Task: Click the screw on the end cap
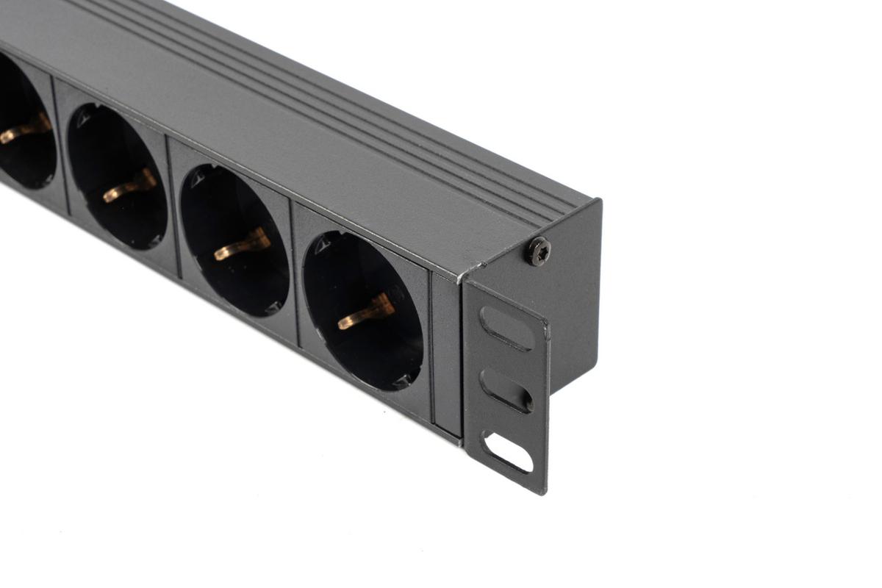[x=538, y=251]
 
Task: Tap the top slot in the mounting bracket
[x=506, y=328]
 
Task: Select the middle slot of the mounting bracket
[x=506, y=390]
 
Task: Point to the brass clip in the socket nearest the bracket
[x=366, y=311]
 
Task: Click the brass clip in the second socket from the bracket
[x=243, y=245]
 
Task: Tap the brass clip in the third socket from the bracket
[x=129, y=185]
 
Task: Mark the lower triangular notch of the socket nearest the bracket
[x=401, y=381]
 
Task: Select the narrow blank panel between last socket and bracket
[x=446, y=353]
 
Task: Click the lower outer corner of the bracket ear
[x=544, y=491]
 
